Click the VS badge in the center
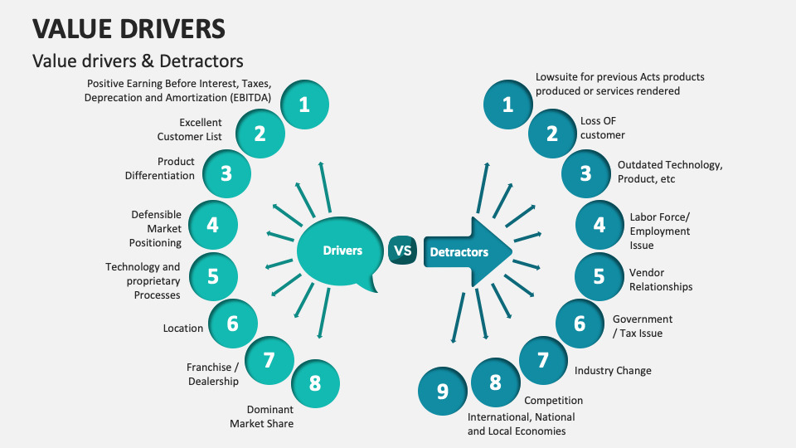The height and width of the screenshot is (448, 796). click(x=402, y=251)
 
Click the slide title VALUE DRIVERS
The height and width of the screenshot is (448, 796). click(x=129, y=28)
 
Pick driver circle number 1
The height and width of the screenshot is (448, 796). click(x=304, y=105)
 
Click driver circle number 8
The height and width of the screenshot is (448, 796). click(x=314, y=383)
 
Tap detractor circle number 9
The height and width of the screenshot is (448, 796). click(x=442, y=390)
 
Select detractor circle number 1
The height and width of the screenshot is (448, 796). click(x=508, y=105)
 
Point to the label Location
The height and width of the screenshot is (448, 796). click(x=183, y=329)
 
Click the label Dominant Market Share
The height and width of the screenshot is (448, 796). click(x=261, y=416)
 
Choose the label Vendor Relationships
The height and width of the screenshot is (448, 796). click(x=660, y=280)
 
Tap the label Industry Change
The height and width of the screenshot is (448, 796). click(x=613, y=371)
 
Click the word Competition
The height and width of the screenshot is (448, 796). click(x=553, y=401)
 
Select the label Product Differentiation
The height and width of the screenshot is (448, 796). click(x=160, y=168)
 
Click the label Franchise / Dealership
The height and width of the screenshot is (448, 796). click(x=212, y=374)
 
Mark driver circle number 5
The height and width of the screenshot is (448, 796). click(x=213, y=276)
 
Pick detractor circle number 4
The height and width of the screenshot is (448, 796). click(x=599, y=225)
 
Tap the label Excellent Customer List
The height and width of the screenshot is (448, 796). click(x=190, y=129)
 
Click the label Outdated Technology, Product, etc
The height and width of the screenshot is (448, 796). click(x=669, y=172)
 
